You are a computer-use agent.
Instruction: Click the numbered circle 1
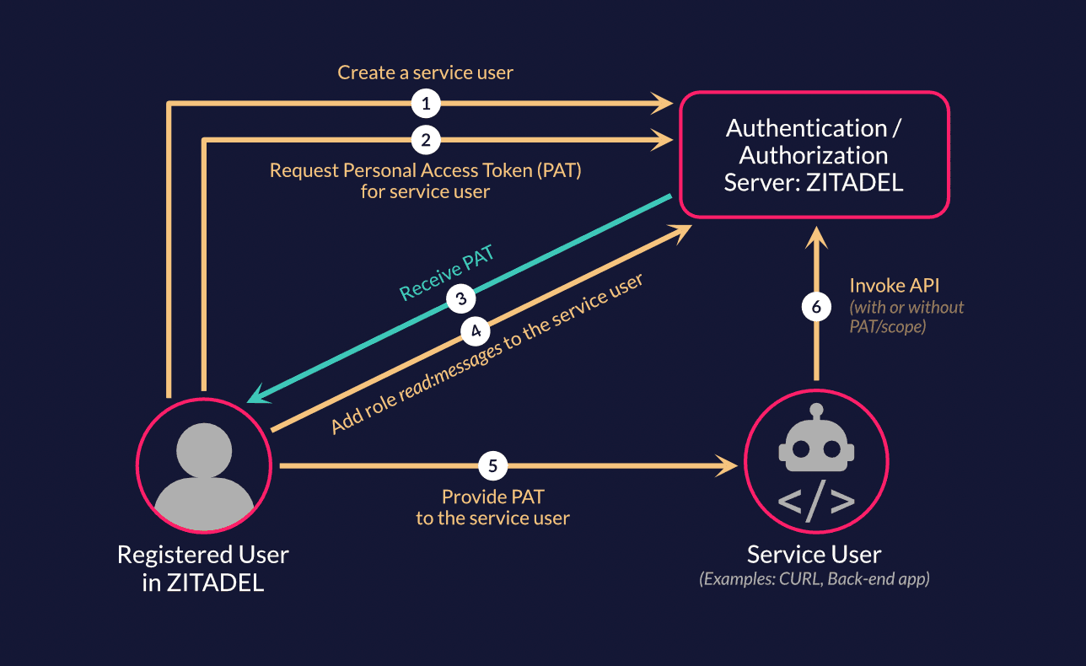[x=426, y=105]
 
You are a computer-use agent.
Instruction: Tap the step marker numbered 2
[x=426, y=140]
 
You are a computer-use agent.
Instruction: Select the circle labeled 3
[x=460, y=298]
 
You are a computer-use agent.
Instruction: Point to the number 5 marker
[x=493, y=465]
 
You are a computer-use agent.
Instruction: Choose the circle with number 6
[x=815, y=307]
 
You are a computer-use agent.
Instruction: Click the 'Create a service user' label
[x=425, y=73]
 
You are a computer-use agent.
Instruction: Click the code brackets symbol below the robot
[x=815, y=501]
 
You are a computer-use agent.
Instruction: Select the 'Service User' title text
[x=814, y=555]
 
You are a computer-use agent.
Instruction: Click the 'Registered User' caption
[x=203, y=556]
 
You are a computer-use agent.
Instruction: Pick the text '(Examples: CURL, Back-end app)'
[x=814, y=580]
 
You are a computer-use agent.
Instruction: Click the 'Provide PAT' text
[x=492, y=497]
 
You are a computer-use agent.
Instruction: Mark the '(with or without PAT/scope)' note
[x=906, y=317]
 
